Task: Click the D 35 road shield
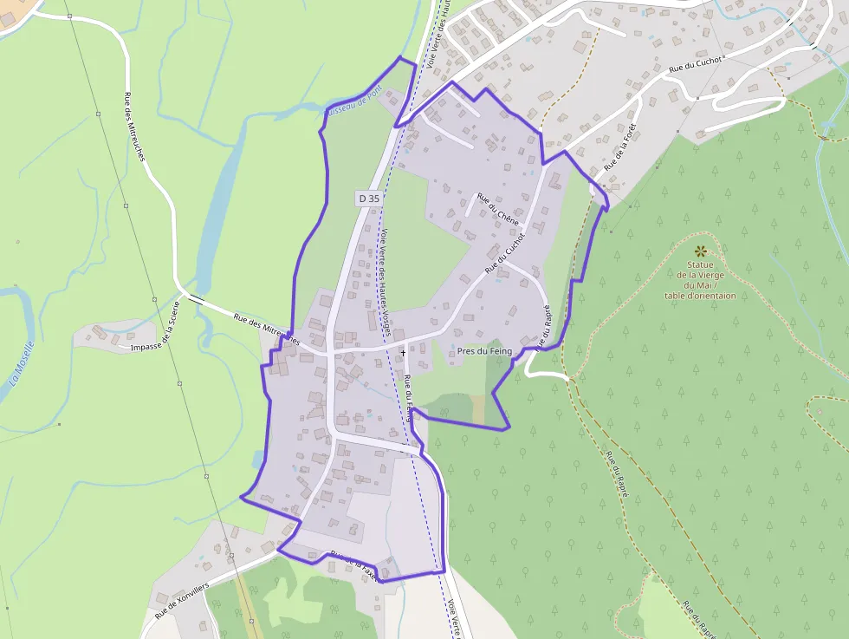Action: pyautogui.click(x=368, y=198)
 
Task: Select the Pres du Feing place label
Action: pyautogui.click(x=485, y=351)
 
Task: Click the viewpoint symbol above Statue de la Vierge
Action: pyautogui.click(x=700, y=250)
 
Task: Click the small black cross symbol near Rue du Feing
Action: pyautogui.click(x=403, y=353)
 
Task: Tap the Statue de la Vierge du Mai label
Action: pyautogui.click(x=700, y=279)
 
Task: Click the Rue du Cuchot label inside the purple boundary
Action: pyautogui.click(x=505, y=252)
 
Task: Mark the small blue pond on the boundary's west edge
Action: pyautogui.click(x=256, y=458)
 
